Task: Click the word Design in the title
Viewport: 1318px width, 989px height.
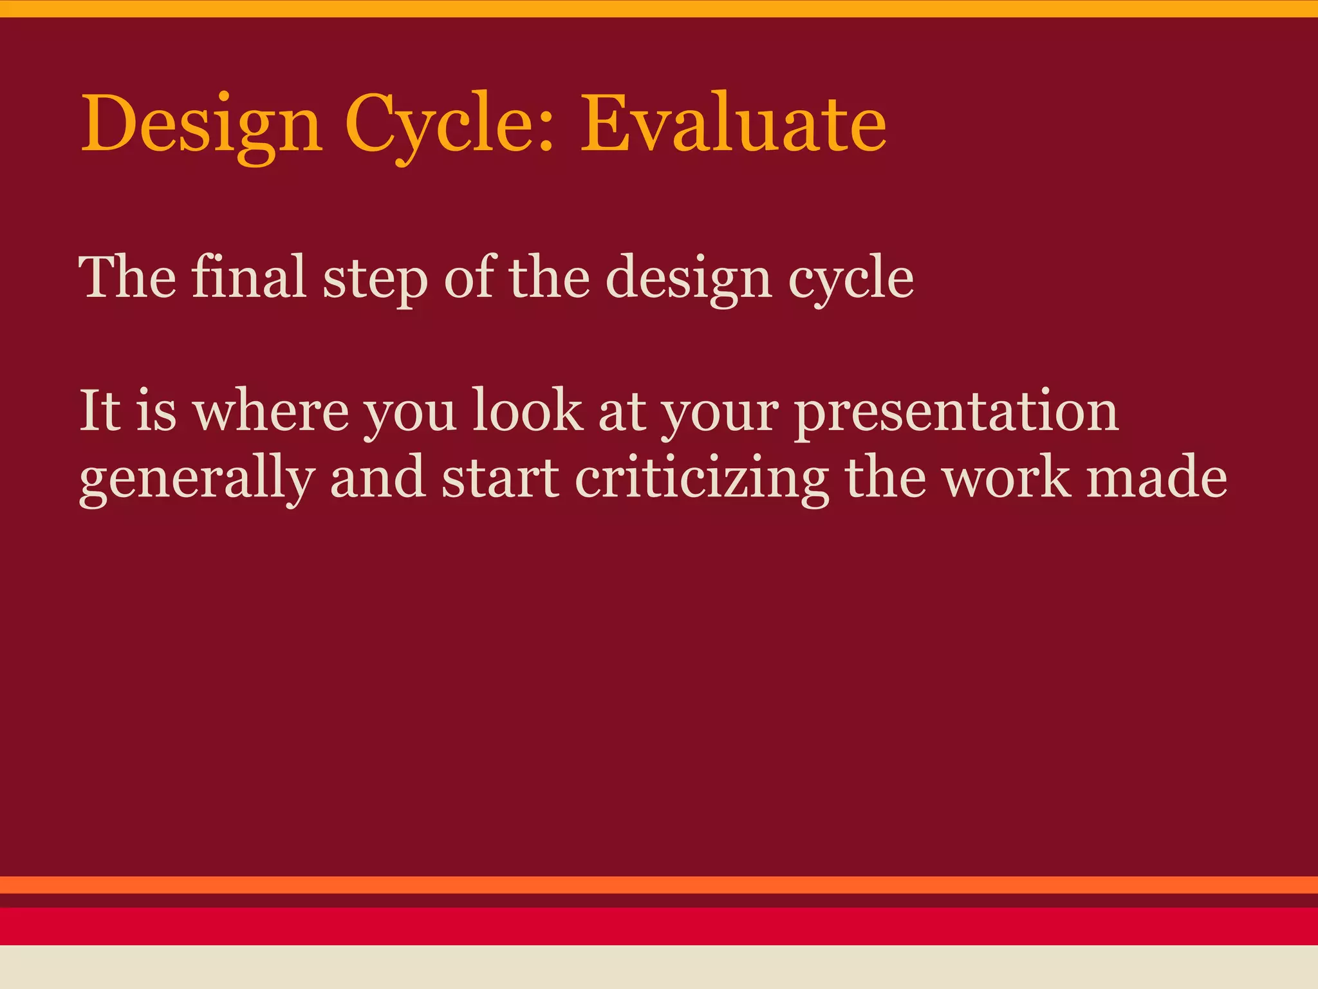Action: pyautogui.click(x=201, y=126)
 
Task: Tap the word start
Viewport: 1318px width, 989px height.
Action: pyautogui.click(x=500, y=478)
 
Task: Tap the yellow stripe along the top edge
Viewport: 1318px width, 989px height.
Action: pyautogui.click(x=659, y=8)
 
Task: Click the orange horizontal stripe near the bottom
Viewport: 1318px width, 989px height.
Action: pyautogui.click(x=659, y=885)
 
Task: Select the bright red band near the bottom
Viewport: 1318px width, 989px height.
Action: pyautogui.click(x=659, y=926)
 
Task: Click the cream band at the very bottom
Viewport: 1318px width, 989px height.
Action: pyautogui.click(x=659, y=967)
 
